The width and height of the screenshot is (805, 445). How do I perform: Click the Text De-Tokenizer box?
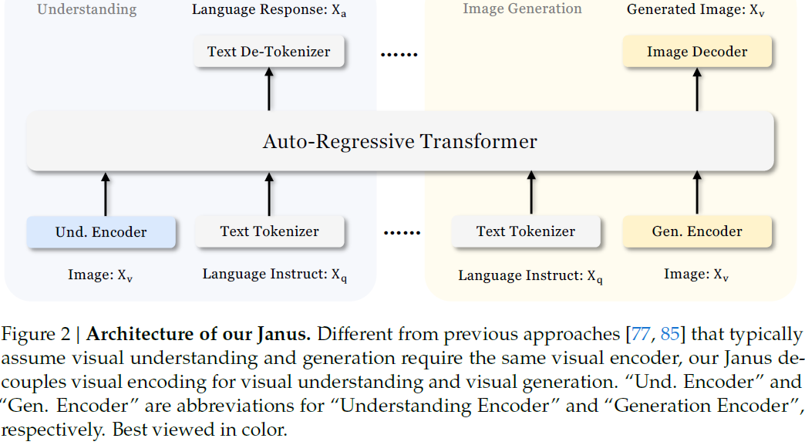[x=268, y=52]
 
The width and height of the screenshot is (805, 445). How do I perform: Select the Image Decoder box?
[x=697, y=52]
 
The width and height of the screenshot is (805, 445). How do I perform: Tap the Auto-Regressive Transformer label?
[x=399, y=142]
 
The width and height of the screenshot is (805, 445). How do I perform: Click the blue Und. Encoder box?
[x=101, y=232]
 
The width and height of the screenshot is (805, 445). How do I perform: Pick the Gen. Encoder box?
[x=697, y=231]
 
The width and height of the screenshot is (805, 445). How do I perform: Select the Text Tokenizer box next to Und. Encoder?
[x=269, y=231]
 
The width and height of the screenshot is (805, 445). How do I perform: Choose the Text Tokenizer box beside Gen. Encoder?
[x=526, y=231]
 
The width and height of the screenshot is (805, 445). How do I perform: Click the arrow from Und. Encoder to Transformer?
[x=106, y=194]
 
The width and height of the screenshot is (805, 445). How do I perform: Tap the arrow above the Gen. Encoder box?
[x=697, y=194]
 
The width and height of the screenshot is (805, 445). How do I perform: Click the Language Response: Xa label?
[x=268, y=11]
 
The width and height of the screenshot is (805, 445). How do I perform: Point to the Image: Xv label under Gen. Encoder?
[x=696, y=275]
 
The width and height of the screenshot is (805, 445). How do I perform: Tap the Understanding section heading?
[x=86, y=10]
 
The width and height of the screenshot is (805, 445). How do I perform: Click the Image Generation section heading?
[x=522, y=9]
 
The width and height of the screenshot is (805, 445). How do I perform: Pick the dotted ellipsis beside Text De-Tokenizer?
[x=399, y=54]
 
